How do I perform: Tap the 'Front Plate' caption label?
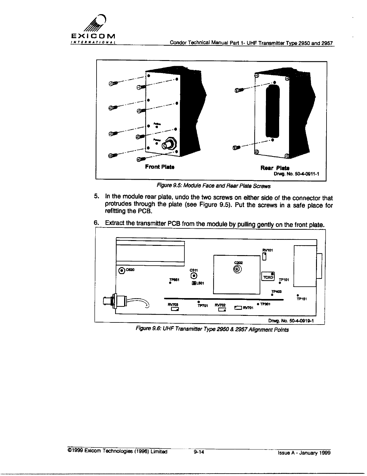pos(160,167)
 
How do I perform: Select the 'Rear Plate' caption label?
pos(275,168)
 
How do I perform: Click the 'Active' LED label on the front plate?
pos(157,124)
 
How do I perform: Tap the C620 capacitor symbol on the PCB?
pos(122,270)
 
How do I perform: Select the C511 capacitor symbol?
pos(194,276)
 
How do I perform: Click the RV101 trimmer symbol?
pos(264,256)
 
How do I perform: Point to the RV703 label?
pos(173,304)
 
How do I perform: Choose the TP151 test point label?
pos(301,299)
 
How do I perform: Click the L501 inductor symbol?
pos(194,283)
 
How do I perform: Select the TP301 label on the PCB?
pos(265,304)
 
